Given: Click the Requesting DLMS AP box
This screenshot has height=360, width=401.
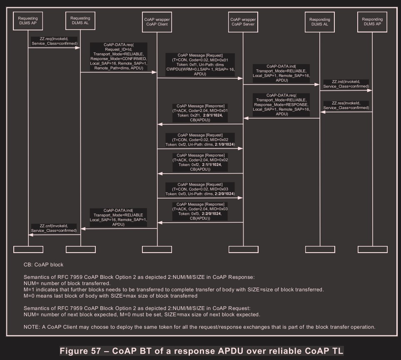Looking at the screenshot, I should [x=28, y=21].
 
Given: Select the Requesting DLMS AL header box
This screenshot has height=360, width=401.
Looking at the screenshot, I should [x=80, y=21].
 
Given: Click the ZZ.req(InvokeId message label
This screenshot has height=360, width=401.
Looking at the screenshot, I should [x=54, y=41].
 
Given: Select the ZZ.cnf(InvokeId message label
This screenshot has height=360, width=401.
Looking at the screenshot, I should [x=54, y=228].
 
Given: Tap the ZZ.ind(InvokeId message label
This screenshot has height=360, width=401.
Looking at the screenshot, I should [x=346, y=84].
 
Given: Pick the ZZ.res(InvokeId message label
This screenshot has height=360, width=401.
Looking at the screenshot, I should [x=346, y=105].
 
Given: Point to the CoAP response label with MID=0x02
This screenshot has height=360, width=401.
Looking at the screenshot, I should [x=200, y=162].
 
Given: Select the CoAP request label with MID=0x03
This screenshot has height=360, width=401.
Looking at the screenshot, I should [x=200, y=189].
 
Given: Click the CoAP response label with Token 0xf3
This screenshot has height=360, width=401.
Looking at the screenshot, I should [x=200, y=211].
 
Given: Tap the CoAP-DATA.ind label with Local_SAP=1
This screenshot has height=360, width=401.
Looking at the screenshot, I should [x=281, y=73].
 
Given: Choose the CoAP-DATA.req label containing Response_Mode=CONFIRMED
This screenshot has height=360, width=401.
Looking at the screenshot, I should [x=119, y=56].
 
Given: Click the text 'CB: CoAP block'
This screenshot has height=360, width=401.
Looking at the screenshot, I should [x=44, y=265].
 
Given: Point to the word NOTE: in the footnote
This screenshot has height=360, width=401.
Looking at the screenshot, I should [x=32, y=327].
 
